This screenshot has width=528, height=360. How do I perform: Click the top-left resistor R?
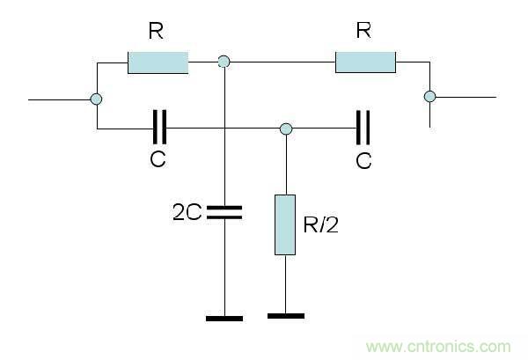pos(158,62)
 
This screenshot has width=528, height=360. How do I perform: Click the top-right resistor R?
pos(365,62)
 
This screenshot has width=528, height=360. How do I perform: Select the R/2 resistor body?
pos(284,225)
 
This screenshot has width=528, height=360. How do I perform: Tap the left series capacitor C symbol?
pos(158,129)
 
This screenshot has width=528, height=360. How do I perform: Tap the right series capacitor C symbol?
pos(362,129)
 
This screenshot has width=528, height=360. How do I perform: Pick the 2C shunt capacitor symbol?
pos(225,210)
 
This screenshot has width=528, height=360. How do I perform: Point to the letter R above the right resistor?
pos(363,32)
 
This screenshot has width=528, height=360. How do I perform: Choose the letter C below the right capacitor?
pos(363,161)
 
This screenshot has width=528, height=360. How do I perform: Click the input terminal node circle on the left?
pos(96,99)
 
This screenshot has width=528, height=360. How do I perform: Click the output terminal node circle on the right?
pos(429,96)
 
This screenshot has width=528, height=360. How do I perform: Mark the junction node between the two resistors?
pos(224,62)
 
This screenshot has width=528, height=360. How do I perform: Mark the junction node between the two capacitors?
pos(284,129)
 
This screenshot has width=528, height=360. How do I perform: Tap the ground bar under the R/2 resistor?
pos(284,314)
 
